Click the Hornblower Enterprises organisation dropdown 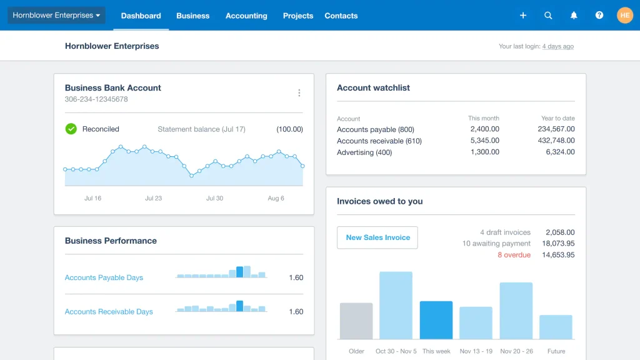[56, 16]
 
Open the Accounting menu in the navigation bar [246, 16]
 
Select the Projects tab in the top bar [297, 16]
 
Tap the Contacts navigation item [341, 16]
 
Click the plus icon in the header [523, 16]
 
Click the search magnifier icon [548, 16]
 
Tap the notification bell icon [574, 16]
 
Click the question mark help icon [599, 16]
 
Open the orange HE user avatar [625, 16]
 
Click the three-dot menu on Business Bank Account [299, 93]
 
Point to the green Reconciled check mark [71, 129]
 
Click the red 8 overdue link [514, 255]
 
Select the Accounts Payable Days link [104, 277]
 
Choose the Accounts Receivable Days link [109, 311]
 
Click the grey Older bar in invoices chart [356, 321]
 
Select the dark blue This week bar [436, 320]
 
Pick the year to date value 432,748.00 [556, 141]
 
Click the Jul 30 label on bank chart [214, 198]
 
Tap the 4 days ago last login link [557, 46]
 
